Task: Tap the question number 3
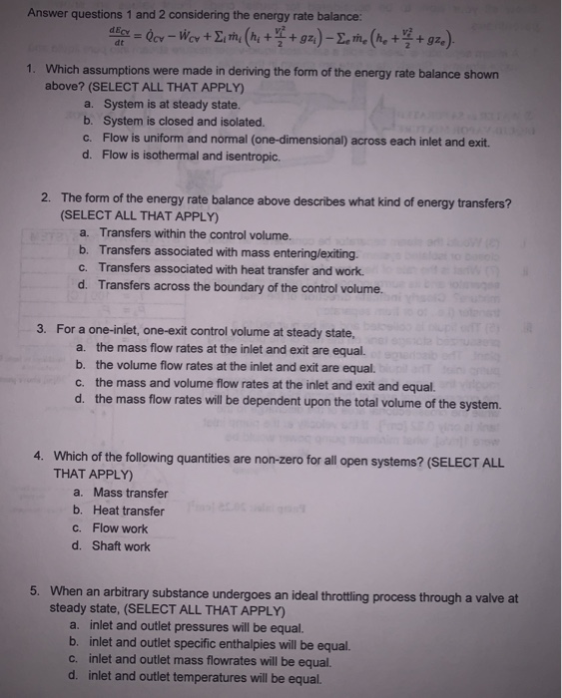tap(40, 329)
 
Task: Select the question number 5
tap(34, 591)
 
